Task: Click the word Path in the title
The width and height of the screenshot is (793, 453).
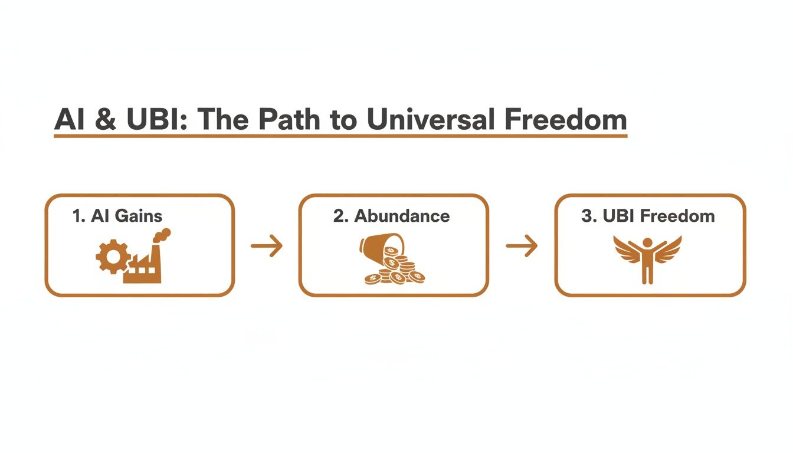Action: pyautogui.click(x=286, y=120)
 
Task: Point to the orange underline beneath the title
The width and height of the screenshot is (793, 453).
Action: pyautogui.click(x=340, y=136)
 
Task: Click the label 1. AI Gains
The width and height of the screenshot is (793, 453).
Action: pyautogui.click(x=117, y=216)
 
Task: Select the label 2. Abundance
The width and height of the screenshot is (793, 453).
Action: pyautogui.click(x=391, y=216)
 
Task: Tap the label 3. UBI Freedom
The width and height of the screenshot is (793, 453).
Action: pyautogui.click(x=648, y=216)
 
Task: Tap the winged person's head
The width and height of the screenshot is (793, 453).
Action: pyautogui.click(x=648, y=242)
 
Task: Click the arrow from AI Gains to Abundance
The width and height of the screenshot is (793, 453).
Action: pyautogui.click(x=267, y=246)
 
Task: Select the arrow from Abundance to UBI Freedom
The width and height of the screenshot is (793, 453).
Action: pyautogui.click(x=522, y=246)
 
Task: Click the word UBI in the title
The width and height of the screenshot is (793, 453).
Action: pyautogui.click(x=159, y=120)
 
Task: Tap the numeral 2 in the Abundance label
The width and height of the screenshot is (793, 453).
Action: pyautogui.click(x=337, y=216)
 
